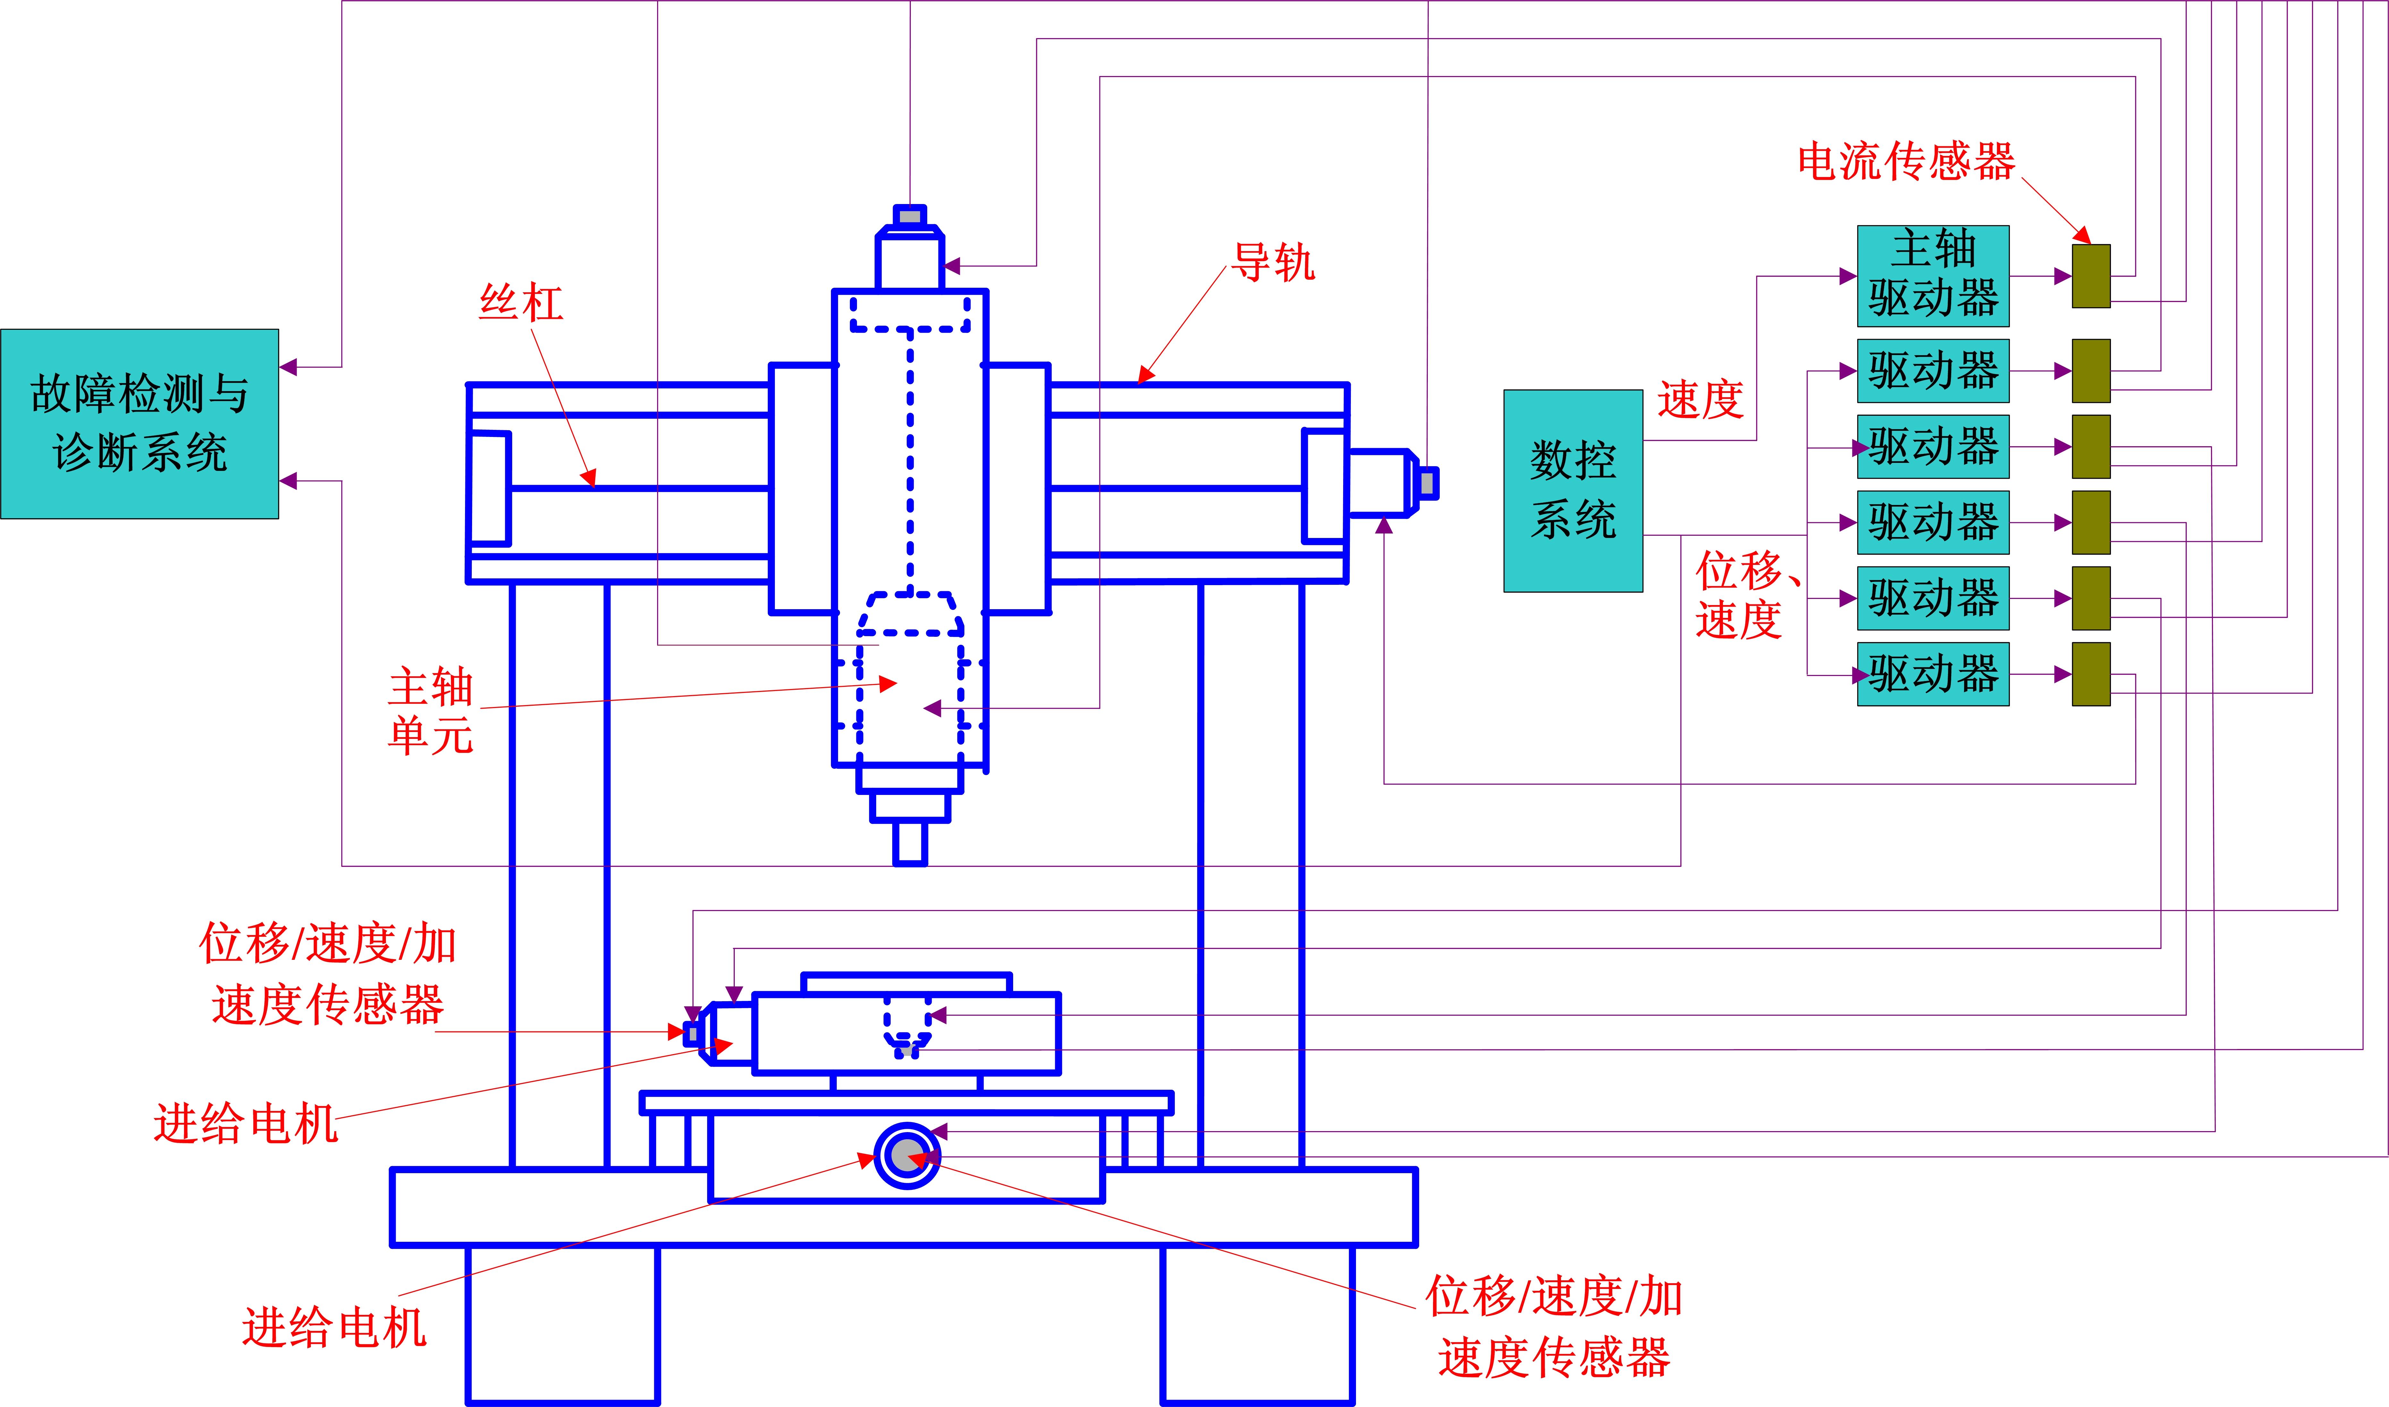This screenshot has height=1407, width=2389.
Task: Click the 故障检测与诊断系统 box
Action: tap(140, 424)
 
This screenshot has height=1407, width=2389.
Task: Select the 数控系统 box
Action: tap(1573, 491)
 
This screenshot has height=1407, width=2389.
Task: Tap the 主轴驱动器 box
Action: tap(1933, 276)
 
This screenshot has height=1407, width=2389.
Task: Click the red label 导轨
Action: tap(1273, 263)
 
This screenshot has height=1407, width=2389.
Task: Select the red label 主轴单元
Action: tap(430, 711)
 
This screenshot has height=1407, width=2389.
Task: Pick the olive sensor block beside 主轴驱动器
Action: tap(2090, 276)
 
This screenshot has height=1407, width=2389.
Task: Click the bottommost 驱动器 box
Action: tap(1933, 674)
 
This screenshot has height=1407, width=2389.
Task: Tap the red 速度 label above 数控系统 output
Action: tap(1700, 399)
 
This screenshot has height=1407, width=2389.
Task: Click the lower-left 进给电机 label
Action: tap(334, 1327)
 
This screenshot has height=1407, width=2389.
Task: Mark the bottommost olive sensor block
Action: tap(2090, 674)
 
